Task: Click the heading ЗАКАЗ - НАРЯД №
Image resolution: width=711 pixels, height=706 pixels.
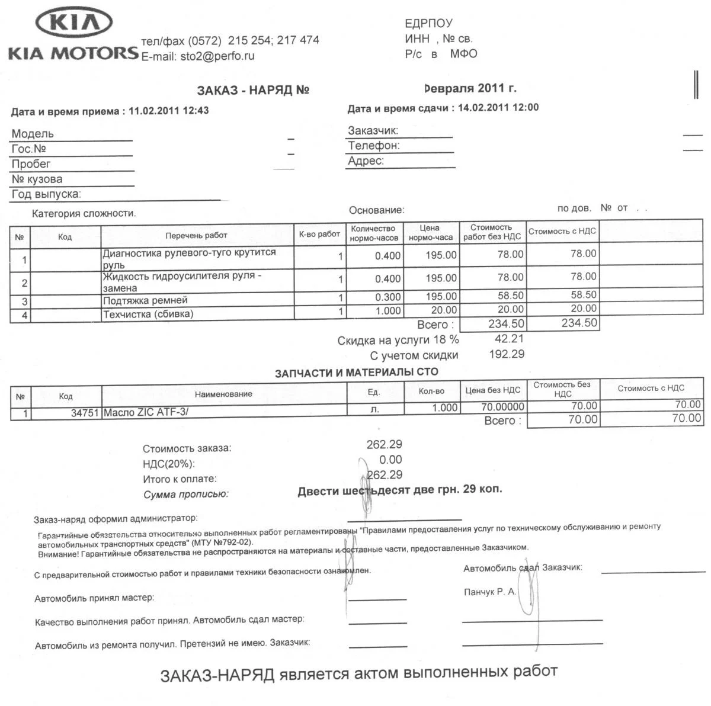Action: (x=253, y=90)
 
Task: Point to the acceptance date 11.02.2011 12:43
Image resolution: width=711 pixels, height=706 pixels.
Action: (x=168, y=111)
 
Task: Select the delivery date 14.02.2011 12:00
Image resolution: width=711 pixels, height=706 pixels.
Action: (x=498, y=107)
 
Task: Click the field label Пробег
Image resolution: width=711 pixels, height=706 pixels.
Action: (x=31, y=164)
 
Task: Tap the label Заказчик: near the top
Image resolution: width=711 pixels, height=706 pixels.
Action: (x=373, y=130)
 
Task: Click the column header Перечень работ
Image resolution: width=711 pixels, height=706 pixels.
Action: (x=196, y=235)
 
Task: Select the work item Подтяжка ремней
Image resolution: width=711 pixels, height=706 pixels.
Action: (x=145, y=301)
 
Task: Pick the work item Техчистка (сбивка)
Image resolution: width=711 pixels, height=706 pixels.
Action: (x=148, y=314)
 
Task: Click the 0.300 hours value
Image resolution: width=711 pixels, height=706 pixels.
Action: (x=388, y=297)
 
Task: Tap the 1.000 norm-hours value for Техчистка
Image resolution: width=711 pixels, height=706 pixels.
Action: (x=388, y=311)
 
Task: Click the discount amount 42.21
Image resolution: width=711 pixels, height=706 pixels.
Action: (x=509, y=339)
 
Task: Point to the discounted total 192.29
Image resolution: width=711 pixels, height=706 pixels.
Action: (x=507, y=354)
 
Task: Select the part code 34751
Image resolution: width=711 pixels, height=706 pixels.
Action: (x=85, y=413)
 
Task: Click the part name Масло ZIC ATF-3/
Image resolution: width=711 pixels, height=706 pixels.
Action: (x=146, y=412)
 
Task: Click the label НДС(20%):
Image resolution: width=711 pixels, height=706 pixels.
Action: (x=169, y=464)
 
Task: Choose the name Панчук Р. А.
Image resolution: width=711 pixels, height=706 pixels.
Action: (x=490, y=592)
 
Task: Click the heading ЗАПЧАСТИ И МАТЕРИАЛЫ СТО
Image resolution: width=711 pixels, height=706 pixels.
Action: (x=356, y=373)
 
